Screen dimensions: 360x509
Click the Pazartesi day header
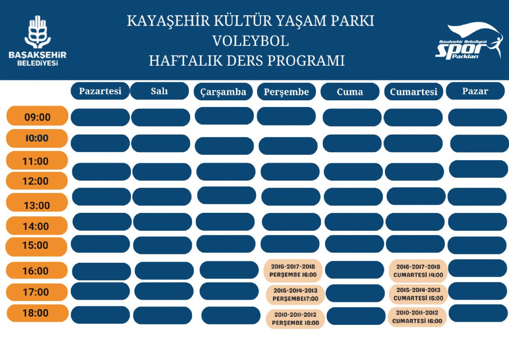[100, 91]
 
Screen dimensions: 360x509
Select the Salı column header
[160, 91]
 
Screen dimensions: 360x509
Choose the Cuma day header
[349, 92]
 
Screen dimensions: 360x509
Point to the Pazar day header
[475, 91]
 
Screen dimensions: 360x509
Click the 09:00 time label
[37, 117]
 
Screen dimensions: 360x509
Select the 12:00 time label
[36, 181]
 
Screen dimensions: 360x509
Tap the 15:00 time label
[36, 246]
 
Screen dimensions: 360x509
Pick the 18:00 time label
[36, 313]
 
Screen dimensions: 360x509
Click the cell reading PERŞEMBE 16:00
[293, 270]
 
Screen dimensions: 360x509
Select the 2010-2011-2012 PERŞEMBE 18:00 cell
[295, 319]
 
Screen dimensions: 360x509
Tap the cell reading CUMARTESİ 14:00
[418, 270]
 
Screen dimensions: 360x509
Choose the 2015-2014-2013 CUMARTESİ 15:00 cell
[418, 294]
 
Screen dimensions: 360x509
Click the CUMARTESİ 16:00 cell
[417, 317]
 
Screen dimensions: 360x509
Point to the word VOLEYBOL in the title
[250, 41]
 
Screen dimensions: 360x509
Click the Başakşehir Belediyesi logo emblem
[37, 32]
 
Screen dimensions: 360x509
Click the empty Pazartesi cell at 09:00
[100, 117]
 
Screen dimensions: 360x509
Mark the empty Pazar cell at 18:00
[478, 313]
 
